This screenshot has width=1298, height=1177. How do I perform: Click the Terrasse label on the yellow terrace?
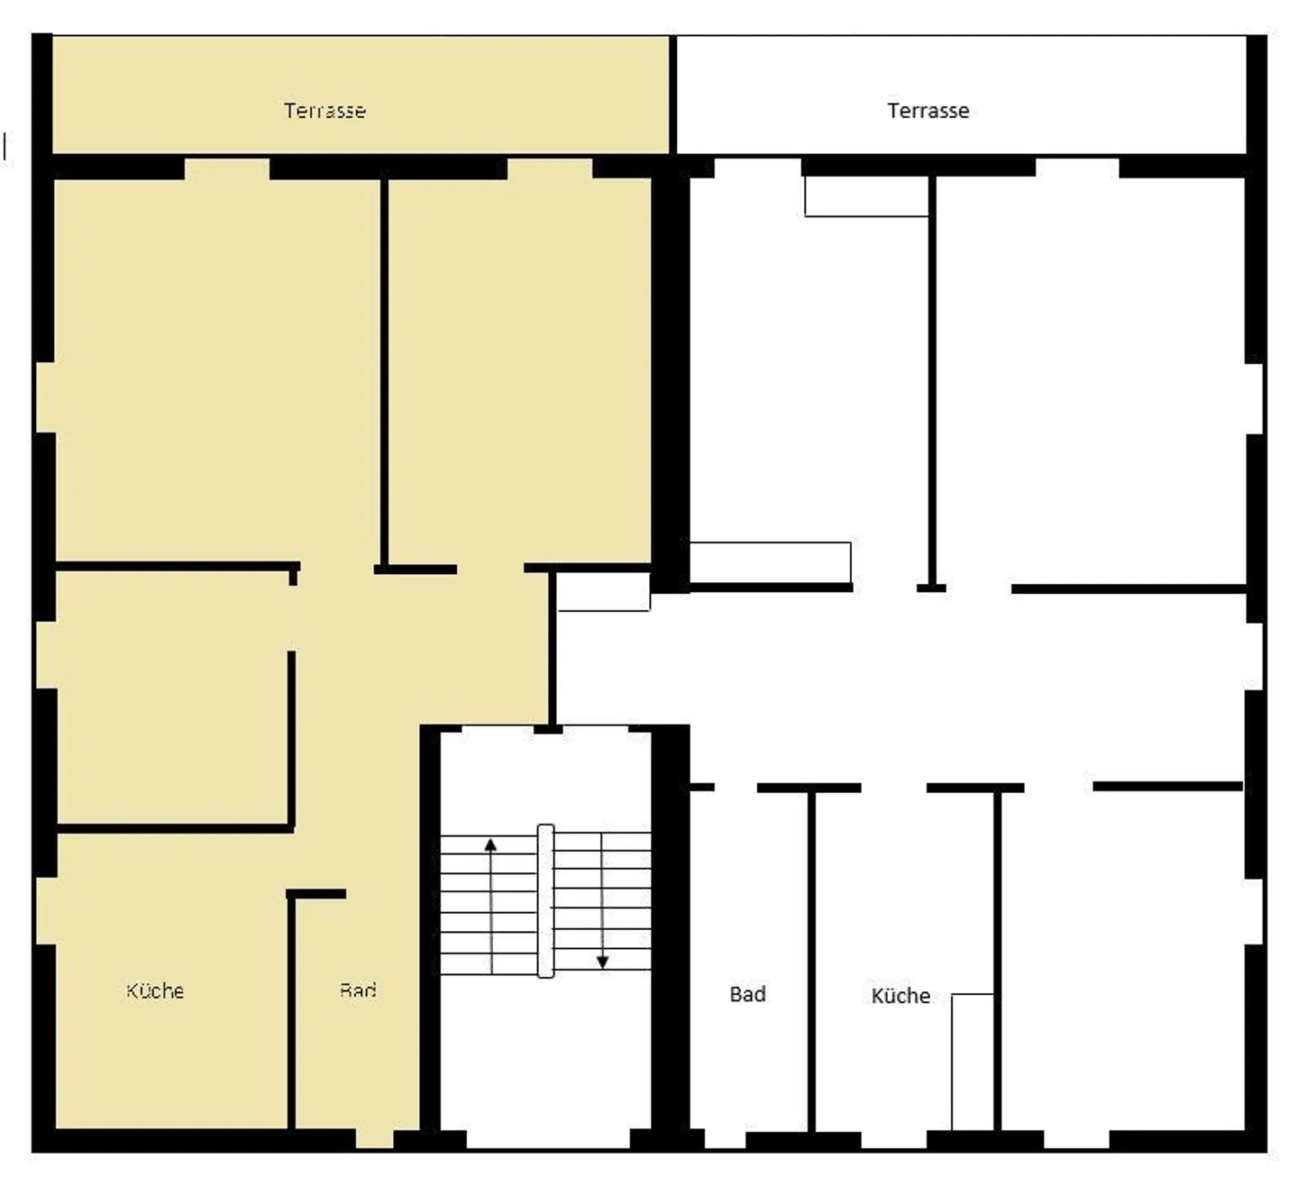pyautogui.click(x=324, y=111)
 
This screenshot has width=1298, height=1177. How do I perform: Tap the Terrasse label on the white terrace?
pyautogui.click(x=928, y=111)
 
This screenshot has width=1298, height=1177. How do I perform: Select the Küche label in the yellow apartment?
pyautogui.click(x=155, y=990)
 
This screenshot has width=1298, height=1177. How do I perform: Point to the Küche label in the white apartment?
pyautogui.click(x=900, y=995)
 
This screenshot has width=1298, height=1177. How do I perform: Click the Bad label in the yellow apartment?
pyautogui.click(x=358, y=990)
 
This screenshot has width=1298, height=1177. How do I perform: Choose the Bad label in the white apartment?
pyautogui.click(x=747, y=994)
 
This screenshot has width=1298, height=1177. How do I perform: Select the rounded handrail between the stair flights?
pyautogui.click(x=545, y=900)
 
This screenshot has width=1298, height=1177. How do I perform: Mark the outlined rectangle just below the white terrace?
pyautogui.click(x=866, y=196)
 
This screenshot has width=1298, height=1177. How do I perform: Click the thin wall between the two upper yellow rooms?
pyautogui.click(x=385, y=370)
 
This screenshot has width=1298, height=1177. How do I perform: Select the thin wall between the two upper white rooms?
pyautogui.click(x=932, y=379)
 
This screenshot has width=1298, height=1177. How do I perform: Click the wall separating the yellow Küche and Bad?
pyautogui.click(x=291, y=1009)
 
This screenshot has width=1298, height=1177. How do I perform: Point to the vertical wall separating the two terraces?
pyautogui.click(x=672, y=95)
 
